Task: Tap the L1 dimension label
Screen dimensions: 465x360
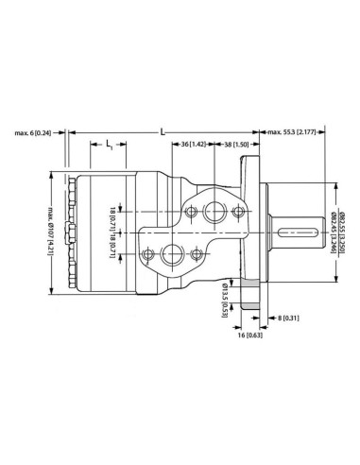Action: [x=110, y=145]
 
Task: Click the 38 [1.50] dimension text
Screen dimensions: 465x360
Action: [x=233, y=145]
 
